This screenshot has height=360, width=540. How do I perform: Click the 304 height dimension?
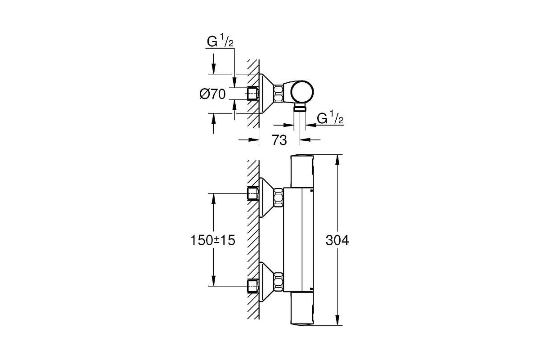[337, 240]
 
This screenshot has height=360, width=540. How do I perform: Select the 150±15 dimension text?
[212, 240]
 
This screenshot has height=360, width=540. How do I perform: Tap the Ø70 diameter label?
[212, 94]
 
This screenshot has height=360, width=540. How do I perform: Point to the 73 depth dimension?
[279, 140]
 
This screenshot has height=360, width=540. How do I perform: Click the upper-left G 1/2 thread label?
[220, 41]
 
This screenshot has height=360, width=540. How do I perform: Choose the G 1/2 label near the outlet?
[330, 117]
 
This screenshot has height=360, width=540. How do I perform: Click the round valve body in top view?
[302, 93]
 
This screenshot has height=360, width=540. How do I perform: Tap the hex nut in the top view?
[279, 93]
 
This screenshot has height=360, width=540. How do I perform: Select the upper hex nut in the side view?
[279, 198]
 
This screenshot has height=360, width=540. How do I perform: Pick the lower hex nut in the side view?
[279, 281]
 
